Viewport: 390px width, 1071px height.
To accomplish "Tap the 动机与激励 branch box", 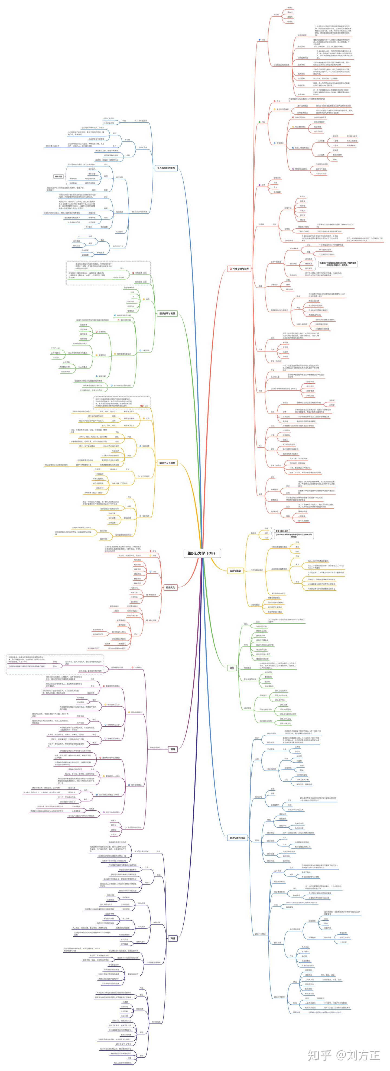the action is tap(235, 571).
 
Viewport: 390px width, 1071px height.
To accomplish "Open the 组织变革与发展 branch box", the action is tap(167, 313).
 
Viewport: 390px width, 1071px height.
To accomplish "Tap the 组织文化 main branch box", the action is tap(170, 587).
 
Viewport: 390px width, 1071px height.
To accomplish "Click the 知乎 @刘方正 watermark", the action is tap(343, 1054).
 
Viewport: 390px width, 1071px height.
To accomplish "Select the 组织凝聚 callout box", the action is tap(58, 176).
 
